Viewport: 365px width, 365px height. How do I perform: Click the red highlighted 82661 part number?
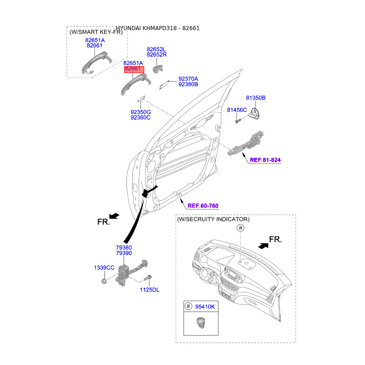coord(133,69)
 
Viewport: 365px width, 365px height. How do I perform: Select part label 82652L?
coord(156,49)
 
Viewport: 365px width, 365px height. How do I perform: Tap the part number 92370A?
coord(188,79)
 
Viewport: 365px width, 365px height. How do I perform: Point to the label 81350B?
coord(255,98)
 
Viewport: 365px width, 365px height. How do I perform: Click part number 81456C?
coord(237,110)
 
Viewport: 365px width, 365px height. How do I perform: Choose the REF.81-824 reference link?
coord(265,160)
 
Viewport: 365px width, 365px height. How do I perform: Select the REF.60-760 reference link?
coord(203,206)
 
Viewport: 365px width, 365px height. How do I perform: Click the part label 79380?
coord(124,247)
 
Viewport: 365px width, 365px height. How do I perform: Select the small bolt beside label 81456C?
coord(238,120)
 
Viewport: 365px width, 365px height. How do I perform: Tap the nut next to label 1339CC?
coord(104,280)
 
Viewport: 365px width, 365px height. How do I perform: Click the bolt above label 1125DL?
coord(148,277)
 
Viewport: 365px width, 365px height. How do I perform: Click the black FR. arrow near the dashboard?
coord(263,245)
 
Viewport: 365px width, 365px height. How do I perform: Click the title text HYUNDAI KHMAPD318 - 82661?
coord(157,28)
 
